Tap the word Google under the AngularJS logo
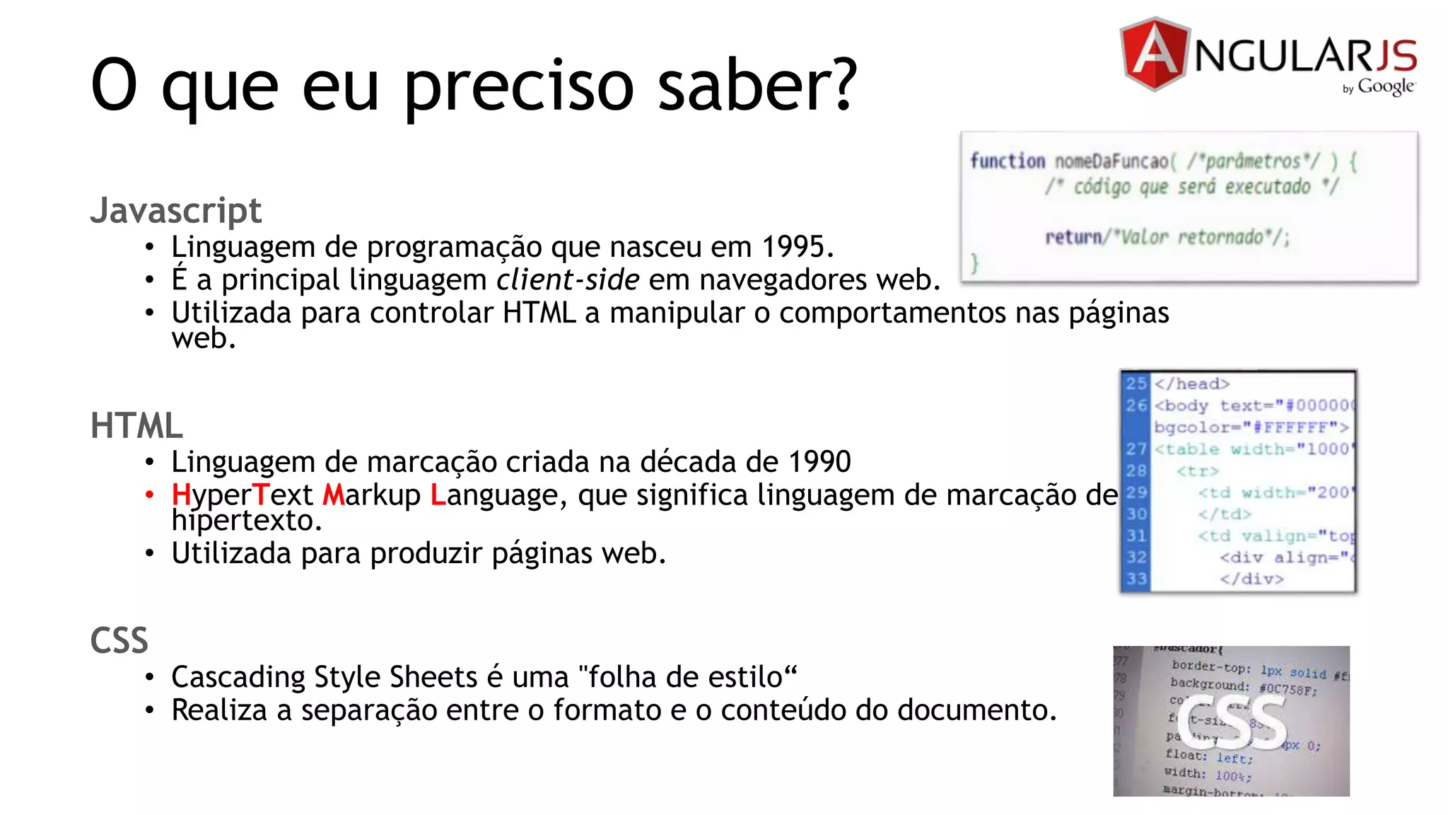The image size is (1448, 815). tap(1386, 86)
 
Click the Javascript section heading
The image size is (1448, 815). tap(175, 211)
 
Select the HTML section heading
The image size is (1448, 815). tap(136, 426)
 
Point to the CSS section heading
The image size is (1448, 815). tap(119, 641)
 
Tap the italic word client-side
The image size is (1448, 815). tap(568, 280)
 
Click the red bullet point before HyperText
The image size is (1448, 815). tap(149, 495)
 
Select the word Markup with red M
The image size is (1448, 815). tap(371, 495)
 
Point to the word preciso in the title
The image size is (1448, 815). tap(518, 86)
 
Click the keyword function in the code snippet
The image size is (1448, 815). tap(1007, 161)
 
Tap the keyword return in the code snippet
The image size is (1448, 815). tap(1073, 236)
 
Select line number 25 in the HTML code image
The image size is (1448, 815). tap(1136, 383)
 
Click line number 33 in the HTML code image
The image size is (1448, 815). tap(1136, 579)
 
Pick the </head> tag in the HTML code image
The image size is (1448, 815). tap(1192, 383)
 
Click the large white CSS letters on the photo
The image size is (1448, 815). tap(1232, 722)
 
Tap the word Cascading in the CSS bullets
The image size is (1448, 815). tap(238, 677)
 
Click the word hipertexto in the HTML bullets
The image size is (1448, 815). tap(246, 521)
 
